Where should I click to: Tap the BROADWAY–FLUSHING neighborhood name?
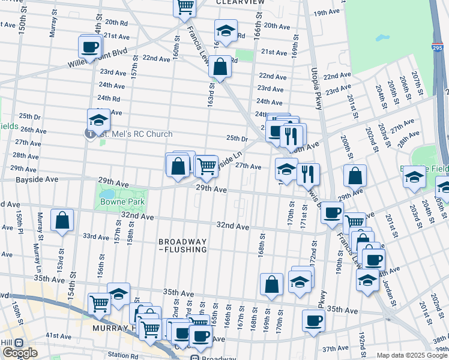click(x=183, y=245)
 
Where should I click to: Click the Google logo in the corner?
click(x=19, y=352)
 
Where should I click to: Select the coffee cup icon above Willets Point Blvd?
click(x=90, y=46)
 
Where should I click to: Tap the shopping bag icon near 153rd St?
click(x=62, y=220)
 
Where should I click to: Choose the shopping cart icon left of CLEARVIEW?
click(x=185, y=7)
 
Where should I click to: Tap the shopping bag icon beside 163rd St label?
click(x=220, y=67)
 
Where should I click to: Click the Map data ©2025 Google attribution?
click(x=412, y=355)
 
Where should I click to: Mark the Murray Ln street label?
click(x=36, y=253)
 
